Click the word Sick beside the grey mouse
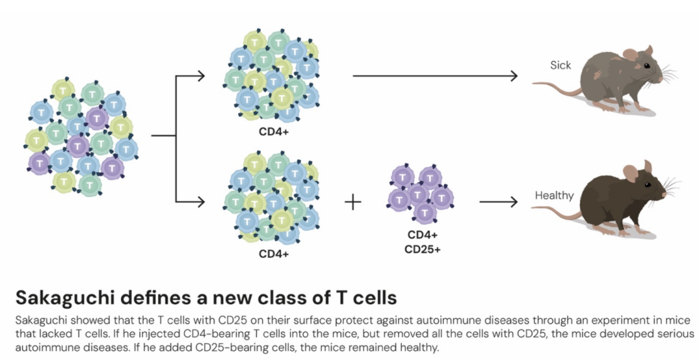tap(560, 65)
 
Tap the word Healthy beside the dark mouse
tap(554, 195)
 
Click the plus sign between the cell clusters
tap(353, 202)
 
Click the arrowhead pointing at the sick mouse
tap(515, 76)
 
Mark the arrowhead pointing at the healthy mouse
tap(515, 202)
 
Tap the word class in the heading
tap(269, 298)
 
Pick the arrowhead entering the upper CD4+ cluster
tap(201, 76)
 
